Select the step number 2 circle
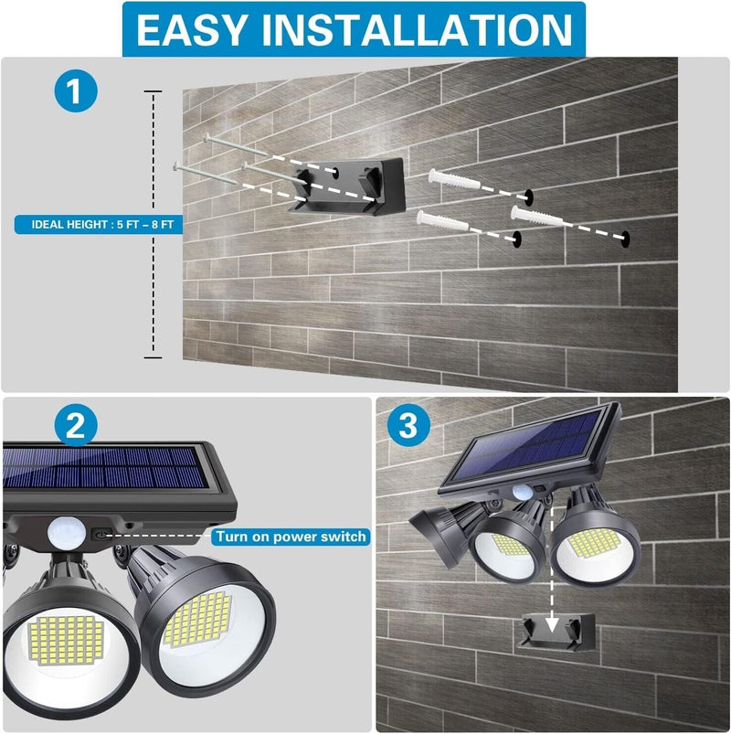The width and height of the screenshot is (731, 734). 77,426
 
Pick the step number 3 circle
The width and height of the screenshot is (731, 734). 408,426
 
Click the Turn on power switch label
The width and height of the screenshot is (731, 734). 291,537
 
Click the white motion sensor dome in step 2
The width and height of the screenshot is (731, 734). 65,530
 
